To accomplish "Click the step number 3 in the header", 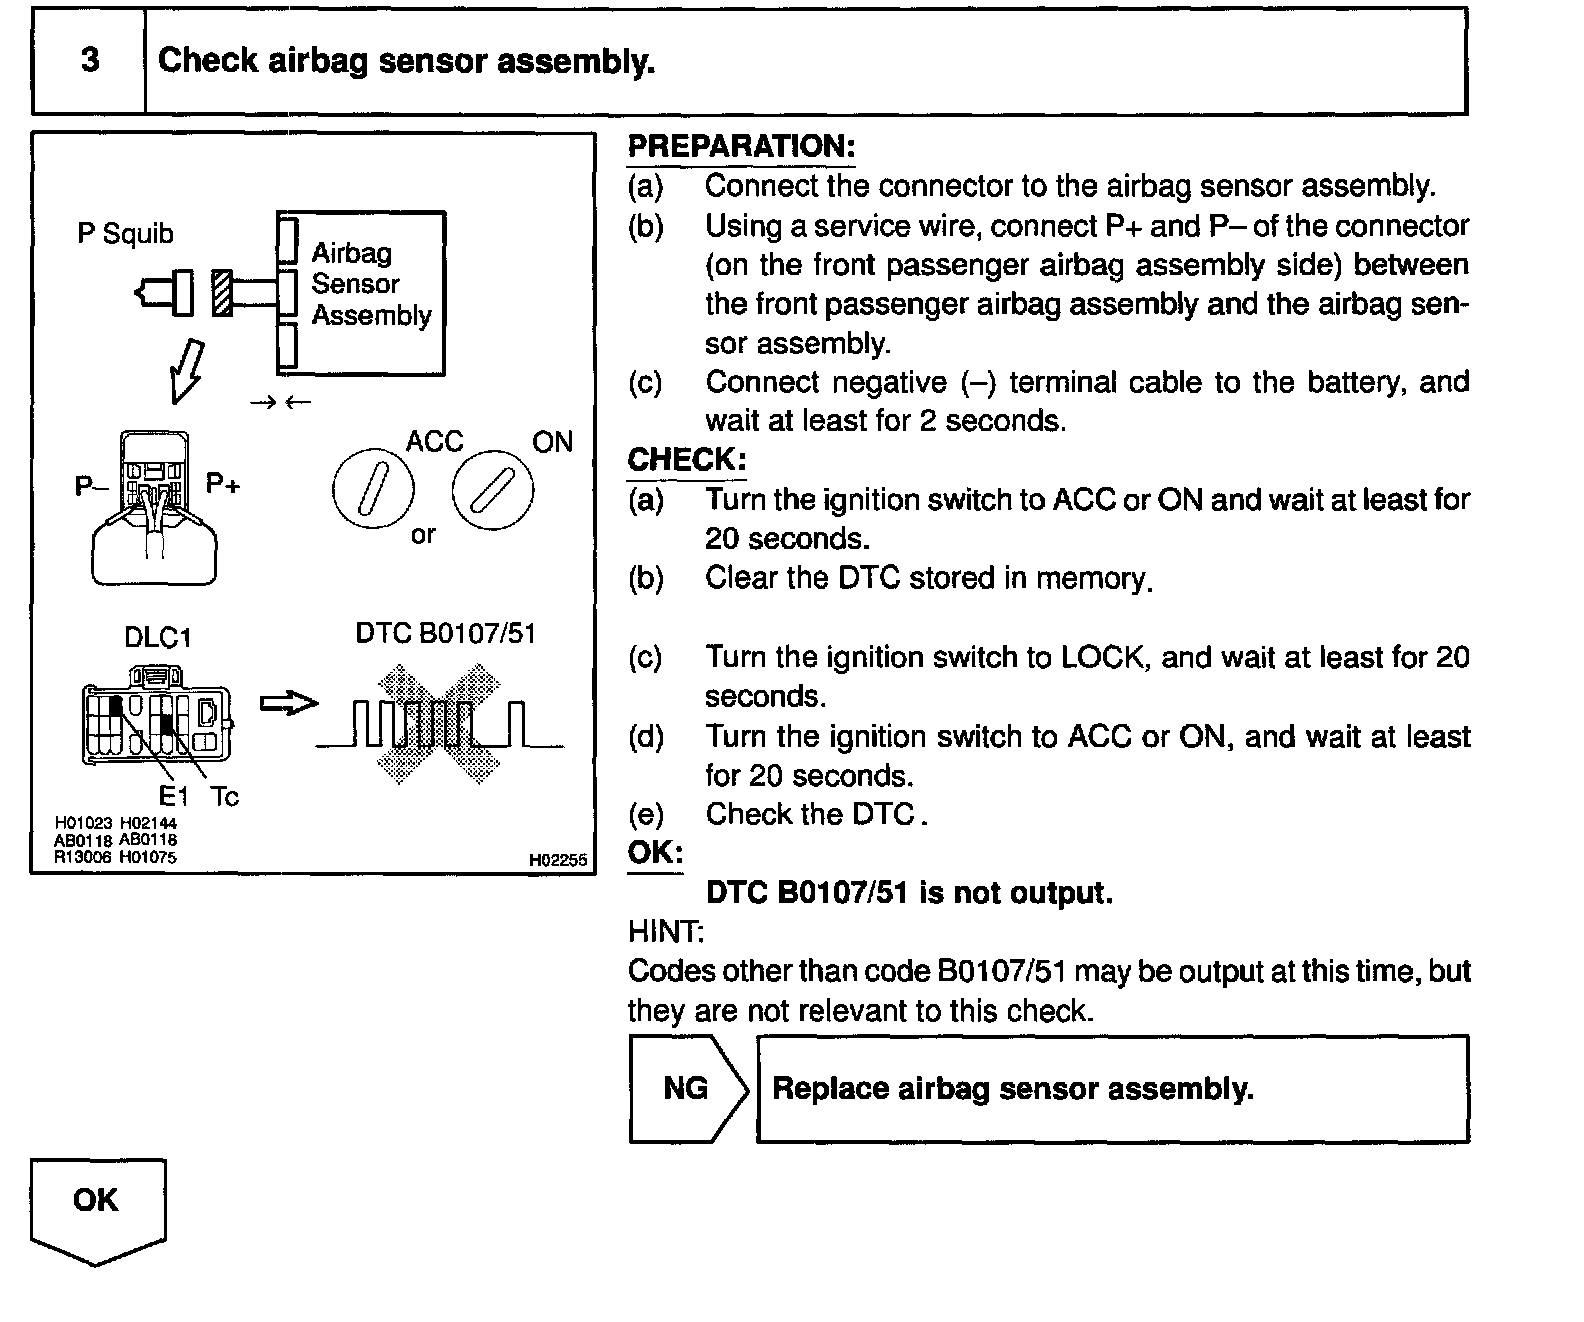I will tap(90, 61).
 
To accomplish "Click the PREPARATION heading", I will tap(741, 146).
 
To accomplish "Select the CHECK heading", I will tap(686, 460).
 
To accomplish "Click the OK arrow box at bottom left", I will tap(97, 1205).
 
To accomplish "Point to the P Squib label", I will tap(125, 234).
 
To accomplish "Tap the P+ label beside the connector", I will tap(223, 484).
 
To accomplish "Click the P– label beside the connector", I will tap(91, 486).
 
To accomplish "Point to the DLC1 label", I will tap(157, 638).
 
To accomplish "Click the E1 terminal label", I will tap(173, 797).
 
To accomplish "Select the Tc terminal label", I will tap(225, 797).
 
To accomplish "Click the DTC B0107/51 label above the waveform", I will tap(446, 634).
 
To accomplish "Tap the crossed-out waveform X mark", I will tap(439, 725).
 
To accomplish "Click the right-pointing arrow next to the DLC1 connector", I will tap(288, 704).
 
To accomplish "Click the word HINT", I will tap(665, 932).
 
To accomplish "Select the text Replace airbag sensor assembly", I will tap(1013, 1088).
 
